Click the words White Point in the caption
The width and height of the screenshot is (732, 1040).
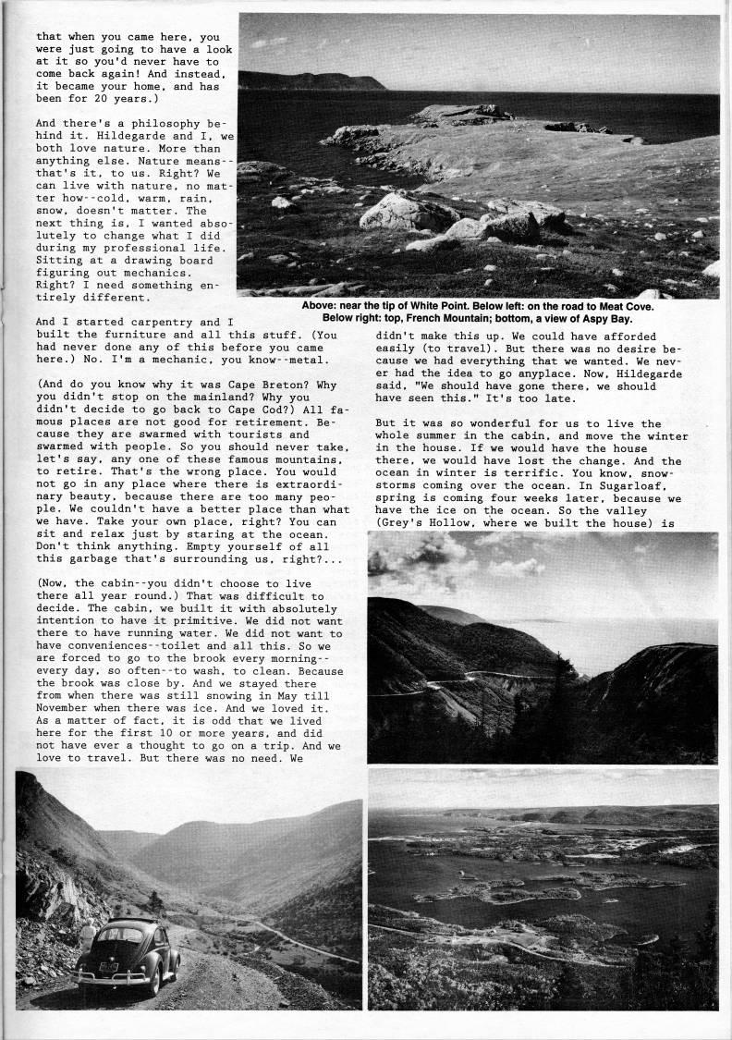click(439, 306)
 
